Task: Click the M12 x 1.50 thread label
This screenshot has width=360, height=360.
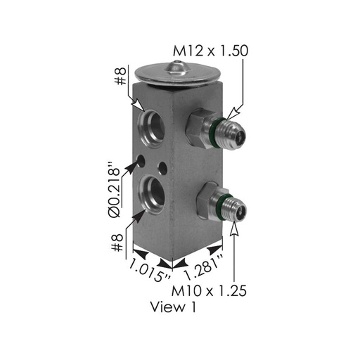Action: click(x=210, y=51)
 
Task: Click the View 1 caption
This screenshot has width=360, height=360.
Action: click(x=174, y=307)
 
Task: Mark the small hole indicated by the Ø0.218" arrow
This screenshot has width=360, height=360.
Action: click(x=142, y=162)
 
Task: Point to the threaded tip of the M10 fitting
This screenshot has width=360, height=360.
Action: click(x=234, y=205)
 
